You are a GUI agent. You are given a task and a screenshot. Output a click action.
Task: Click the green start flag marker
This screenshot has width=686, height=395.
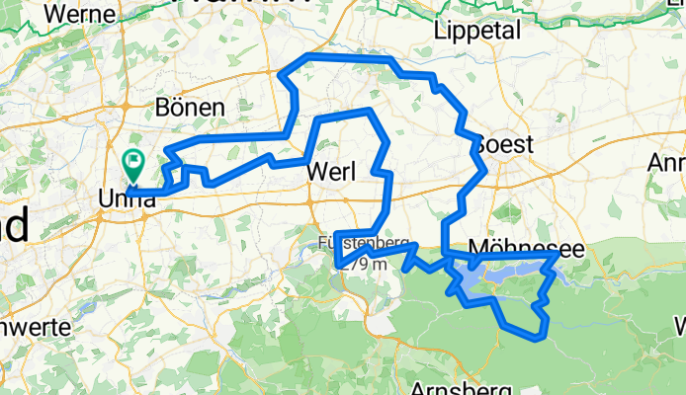[132, 161]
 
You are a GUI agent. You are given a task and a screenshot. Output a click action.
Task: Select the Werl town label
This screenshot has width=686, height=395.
[331, 172]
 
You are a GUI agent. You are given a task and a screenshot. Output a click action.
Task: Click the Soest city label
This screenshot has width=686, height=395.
[504, 145]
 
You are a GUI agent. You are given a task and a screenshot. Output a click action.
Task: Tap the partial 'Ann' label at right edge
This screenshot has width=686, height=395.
[667, 162]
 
